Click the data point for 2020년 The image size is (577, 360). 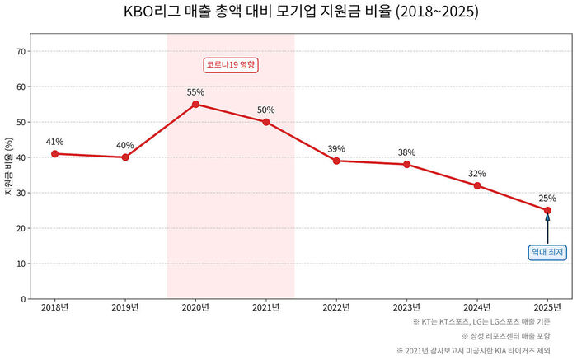tap(195, 105)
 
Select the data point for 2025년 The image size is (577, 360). tap(547, 210)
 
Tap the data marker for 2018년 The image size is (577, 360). tap(54, 154)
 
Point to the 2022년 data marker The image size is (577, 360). tap(336, 161)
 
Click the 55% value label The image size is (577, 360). tap(195, 92)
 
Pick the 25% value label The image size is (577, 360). tap(547, 198)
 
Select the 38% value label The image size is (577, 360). tap(406, 152)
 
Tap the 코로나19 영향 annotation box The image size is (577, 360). tap(231, 65)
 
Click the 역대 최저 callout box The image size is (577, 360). tap(547, 252)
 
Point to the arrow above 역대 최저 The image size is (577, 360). tap(547, 228)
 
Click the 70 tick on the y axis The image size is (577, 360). tap(21, 51)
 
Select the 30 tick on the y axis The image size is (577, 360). tap(21, 193)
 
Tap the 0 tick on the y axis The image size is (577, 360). tap(24, 299)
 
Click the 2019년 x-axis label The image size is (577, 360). tap(125, 308)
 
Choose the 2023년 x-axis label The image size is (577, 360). tap(406, 308)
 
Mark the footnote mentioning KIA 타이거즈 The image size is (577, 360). tap(482, 350)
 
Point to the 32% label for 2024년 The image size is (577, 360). tap(477, 174)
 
